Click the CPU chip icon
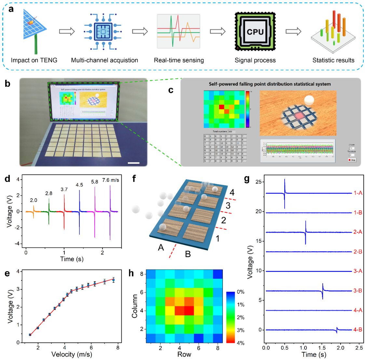tap(255, 32)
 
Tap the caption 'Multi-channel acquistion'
tap(104, 60)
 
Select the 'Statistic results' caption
tap(333, 60)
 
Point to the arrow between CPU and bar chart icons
tap(293, 32)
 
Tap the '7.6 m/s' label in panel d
tap(111, 180)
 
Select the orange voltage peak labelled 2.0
tap(34, 211)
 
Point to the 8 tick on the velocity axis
tap(118, 347)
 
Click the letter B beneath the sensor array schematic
tap(188, 254)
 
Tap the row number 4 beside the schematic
tap(232, 193)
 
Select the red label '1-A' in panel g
tap(358, 193)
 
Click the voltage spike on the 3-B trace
tap(323, 291)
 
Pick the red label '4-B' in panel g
tap(358, 330)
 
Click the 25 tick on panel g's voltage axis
tap(259, 182)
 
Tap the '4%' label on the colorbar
tap(240, 343)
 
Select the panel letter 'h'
tap(131, 273)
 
